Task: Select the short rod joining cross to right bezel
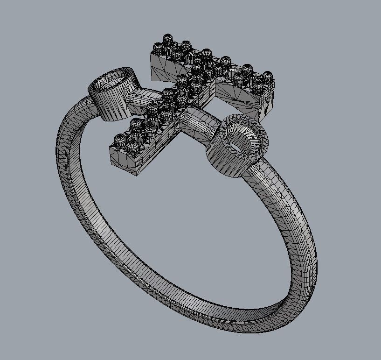pos(198,122)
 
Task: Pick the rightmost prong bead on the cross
pos(267,76)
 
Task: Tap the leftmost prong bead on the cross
pos(120,140)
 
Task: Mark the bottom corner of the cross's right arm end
pos(256,119)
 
